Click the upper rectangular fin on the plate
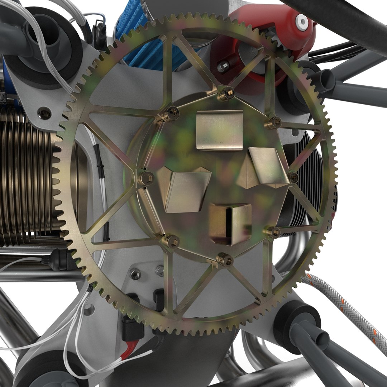tap(219, 130)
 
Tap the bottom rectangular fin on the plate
tap(231, 224)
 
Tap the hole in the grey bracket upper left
tap(44, 114)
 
